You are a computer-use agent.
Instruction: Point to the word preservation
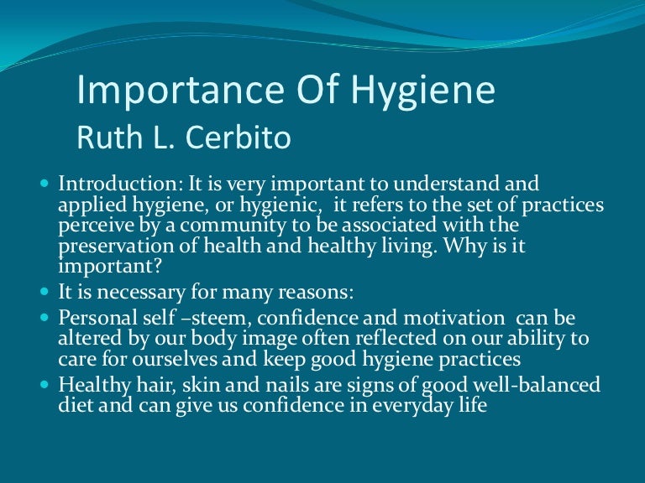tap(109, 247)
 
